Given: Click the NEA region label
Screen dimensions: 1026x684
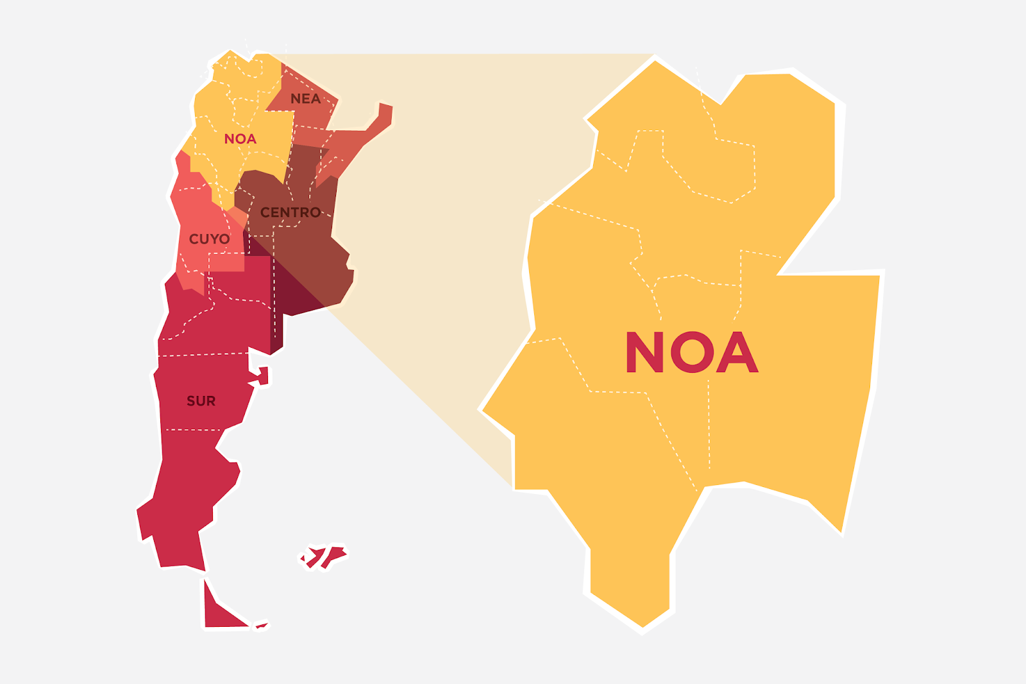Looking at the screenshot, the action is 305,99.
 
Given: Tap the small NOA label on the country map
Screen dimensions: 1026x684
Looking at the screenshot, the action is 240,139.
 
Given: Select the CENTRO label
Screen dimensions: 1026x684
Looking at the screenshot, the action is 290,212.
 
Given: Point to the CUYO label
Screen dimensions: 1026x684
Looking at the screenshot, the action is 209,239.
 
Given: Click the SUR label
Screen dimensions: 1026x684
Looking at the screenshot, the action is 201,401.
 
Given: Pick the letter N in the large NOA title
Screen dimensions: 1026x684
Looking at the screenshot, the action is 644,352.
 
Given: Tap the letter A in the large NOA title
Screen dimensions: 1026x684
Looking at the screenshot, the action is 737,352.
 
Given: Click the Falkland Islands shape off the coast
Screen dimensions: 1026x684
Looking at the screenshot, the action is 324,556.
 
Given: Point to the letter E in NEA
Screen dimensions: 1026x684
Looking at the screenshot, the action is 305,99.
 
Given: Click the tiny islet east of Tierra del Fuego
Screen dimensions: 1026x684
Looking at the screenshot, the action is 262,625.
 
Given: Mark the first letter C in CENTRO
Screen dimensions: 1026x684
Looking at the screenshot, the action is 265,212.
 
